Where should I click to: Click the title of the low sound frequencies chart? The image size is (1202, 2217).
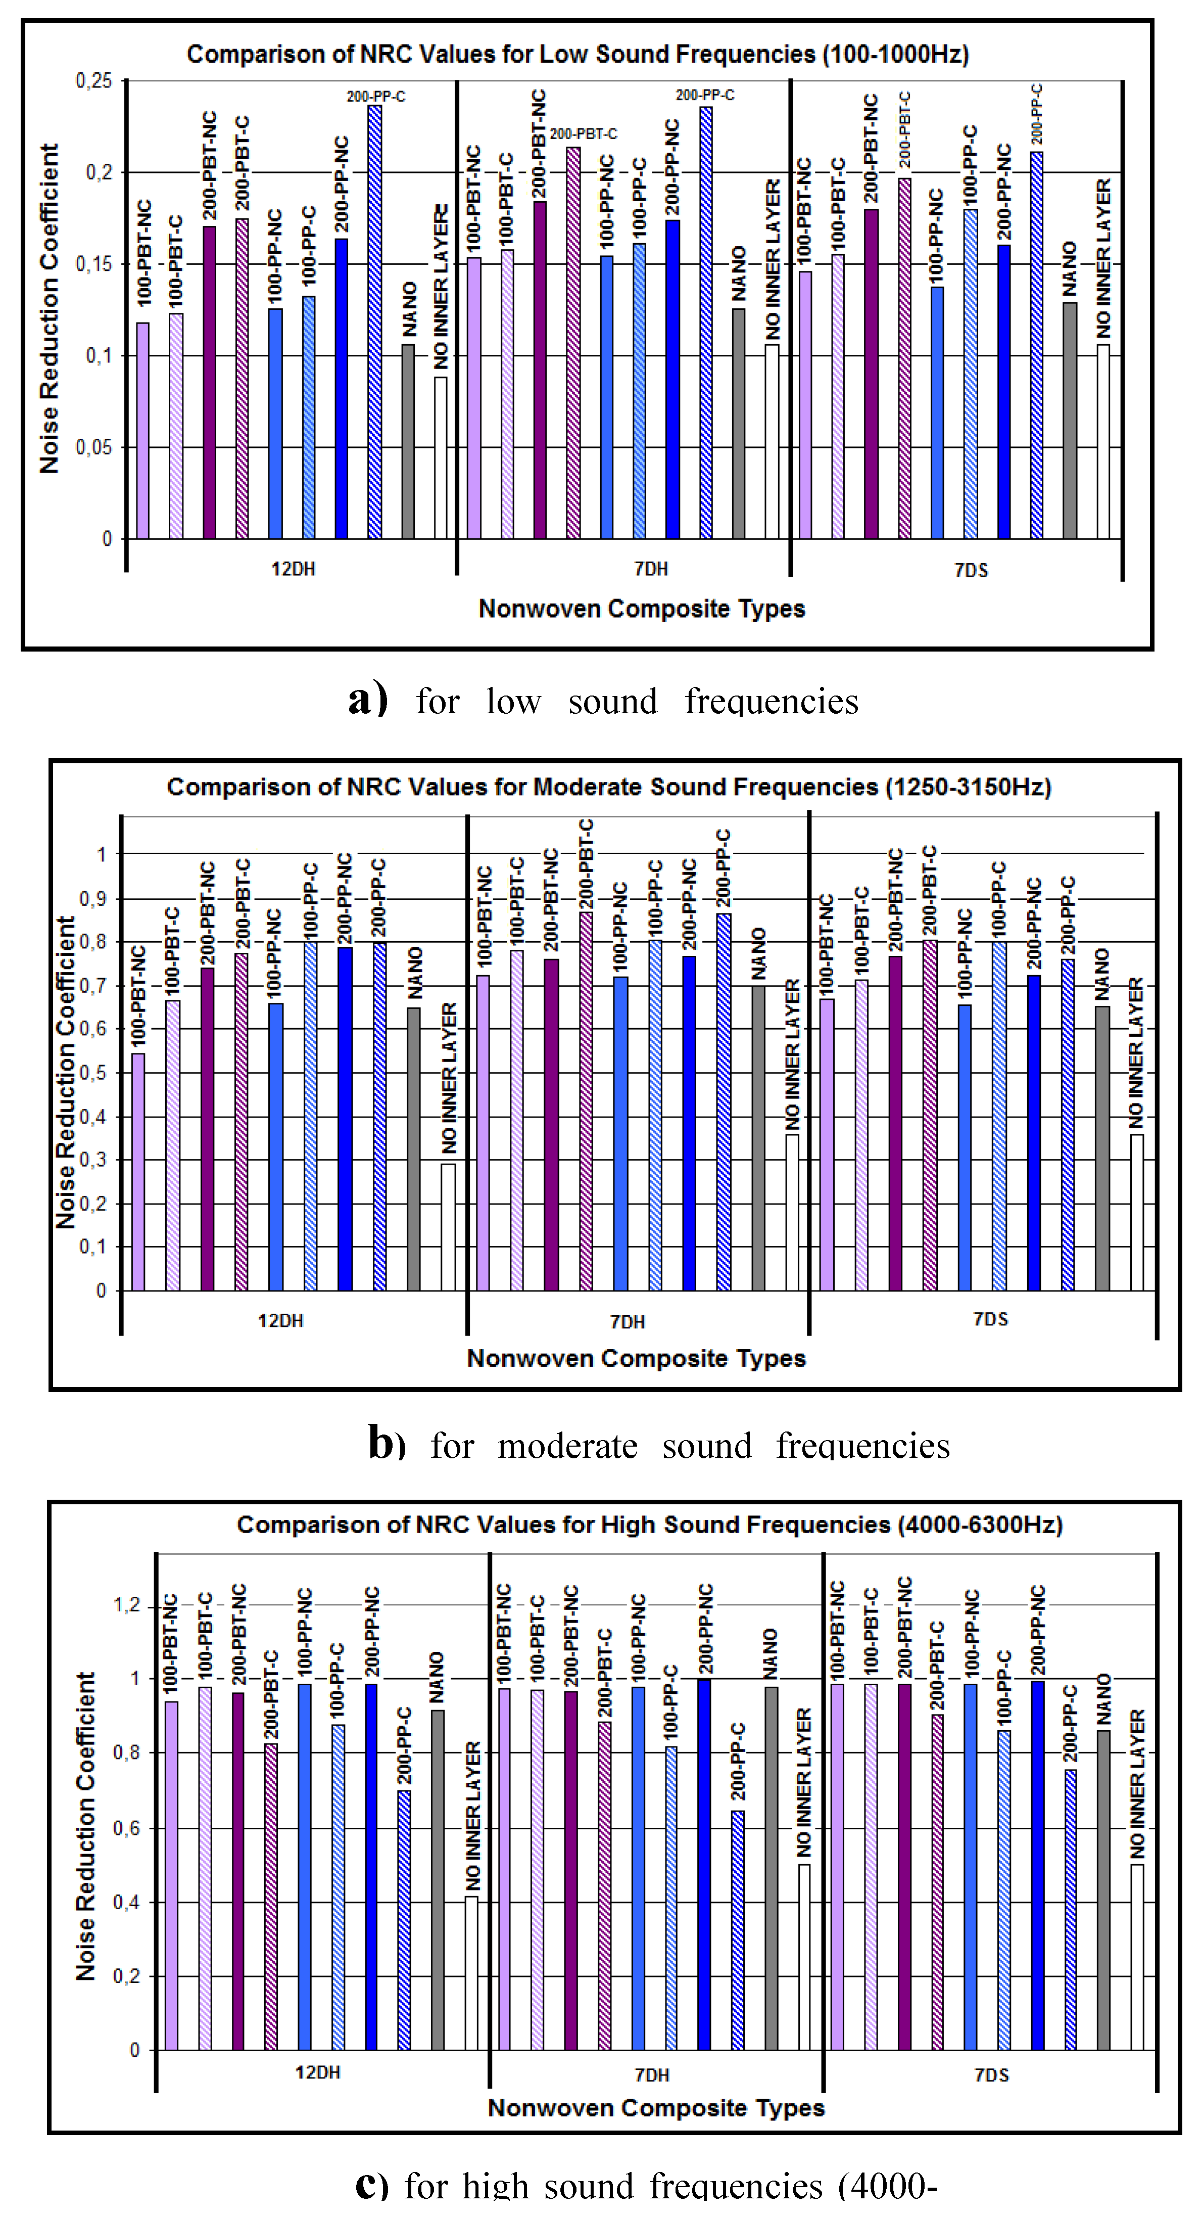(578, 54)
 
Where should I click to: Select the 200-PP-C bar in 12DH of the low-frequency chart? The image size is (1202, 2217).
(375, 322)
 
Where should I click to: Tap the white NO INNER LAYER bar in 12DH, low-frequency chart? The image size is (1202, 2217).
(441, 458)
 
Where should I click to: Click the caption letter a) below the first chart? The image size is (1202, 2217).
(368, 699)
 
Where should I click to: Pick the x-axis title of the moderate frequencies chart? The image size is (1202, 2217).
(636, 1358)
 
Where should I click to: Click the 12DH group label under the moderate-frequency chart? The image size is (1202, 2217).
(280, 1320)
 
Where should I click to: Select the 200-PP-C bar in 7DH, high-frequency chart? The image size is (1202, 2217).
(737, 1930)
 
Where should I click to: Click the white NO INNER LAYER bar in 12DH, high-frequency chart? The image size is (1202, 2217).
(471, 1973)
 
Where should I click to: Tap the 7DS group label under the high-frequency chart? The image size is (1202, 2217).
(991, 2075)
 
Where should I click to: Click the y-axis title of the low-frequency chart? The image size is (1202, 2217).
(49, 308)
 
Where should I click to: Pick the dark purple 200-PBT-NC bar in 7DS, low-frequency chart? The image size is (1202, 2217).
(871, 375)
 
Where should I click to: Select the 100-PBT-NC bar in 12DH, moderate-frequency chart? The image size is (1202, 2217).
(137, 1172)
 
